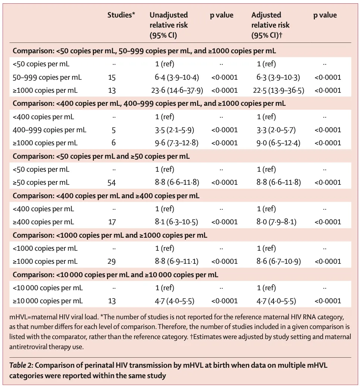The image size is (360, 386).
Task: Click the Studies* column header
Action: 121,15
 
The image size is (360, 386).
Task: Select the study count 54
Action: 111,183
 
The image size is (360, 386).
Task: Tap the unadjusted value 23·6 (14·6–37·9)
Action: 177,90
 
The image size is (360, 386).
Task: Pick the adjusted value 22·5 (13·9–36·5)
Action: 278,90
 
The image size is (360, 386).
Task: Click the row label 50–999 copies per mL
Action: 47,77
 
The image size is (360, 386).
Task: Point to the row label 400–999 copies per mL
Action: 50,130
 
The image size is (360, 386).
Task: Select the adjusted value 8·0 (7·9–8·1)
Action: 276,222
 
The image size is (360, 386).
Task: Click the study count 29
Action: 111,262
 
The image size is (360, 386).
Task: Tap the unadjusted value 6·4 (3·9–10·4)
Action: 177,77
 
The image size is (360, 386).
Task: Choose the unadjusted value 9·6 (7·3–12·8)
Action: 177,143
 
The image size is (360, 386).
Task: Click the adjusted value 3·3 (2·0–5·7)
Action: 276,130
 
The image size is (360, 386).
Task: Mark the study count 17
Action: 112,222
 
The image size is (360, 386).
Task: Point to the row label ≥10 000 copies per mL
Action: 48,301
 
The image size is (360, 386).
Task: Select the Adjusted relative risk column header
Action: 270,25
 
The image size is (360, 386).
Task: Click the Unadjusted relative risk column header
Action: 169,25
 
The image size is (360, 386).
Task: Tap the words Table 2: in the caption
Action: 21,365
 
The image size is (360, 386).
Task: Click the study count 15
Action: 112,77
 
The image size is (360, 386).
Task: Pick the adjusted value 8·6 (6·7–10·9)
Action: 278,262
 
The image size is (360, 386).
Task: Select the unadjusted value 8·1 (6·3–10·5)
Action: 176,222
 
